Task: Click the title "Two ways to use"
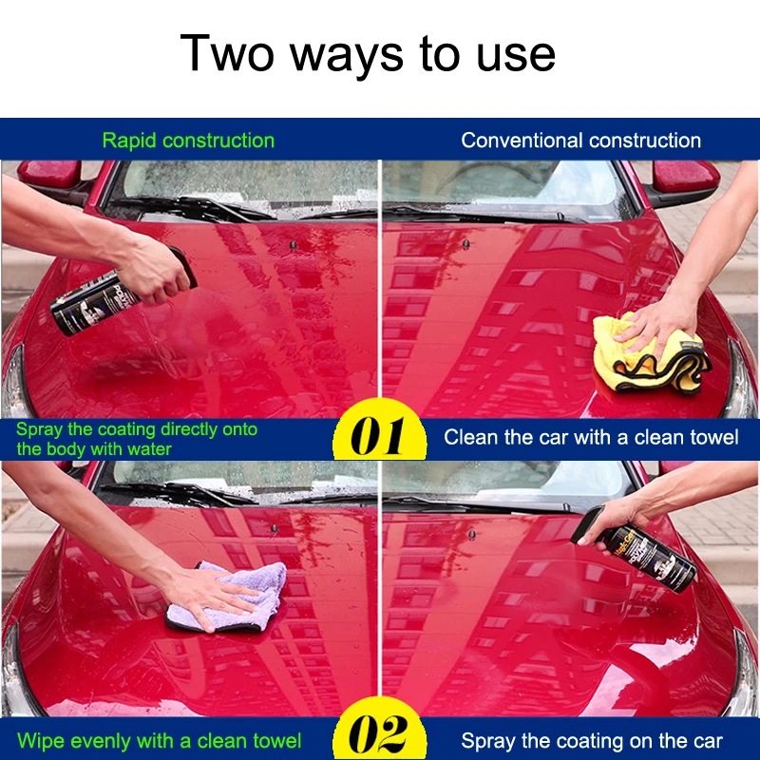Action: click(368, 52)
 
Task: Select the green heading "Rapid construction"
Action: click(188, 141)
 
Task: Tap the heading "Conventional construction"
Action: click(580, 141)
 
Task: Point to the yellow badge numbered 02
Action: click(380, 734)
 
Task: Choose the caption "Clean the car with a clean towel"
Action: click(591, 438)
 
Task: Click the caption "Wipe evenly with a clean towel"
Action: click(160, 740)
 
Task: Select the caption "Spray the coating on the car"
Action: click(592, 741)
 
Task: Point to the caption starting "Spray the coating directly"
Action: click(137, 438)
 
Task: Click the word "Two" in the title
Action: click(228, 52)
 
